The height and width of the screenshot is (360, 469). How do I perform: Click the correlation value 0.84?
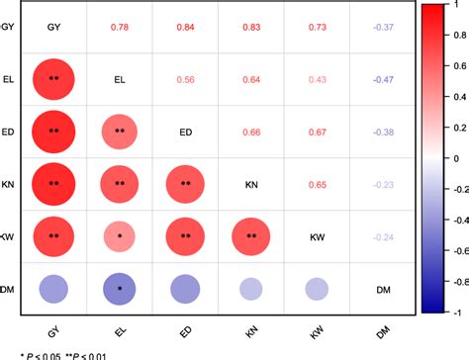(x=185, y=27)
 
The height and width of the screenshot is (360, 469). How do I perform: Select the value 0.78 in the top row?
(x=119, y=27)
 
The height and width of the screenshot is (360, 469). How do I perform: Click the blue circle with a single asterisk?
(x=119, y=289)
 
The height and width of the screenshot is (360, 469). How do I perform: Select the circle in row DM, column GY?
(x=53, y=289)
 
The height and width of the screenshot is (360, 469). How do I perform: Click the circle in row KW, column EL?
(x=119, y=236)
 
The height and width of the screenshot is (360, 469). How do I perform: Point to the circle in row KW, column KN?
(x=251, y=236)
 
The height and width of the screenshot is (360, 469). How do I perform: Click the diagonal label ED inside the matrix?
(x=185, y=132)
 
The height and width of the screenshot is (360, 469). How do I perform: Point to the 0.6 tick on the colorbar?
(x=455, y=64)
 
